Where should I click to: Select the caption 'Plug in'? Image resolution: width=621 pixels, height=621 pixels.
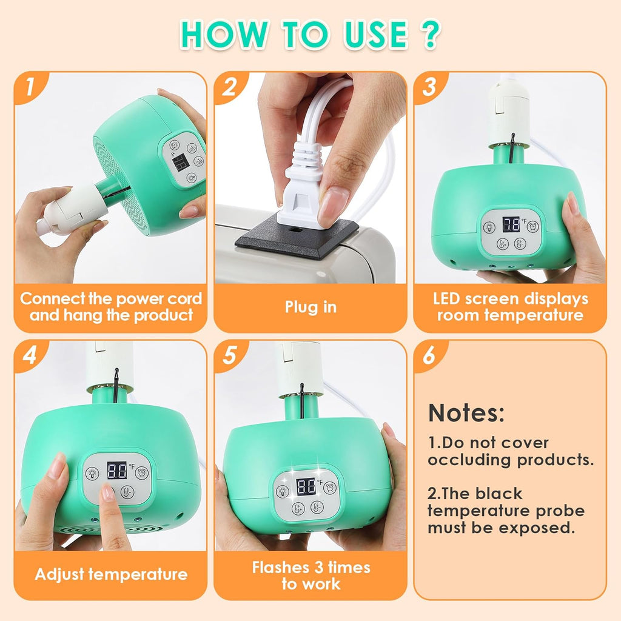click(x=310, y=307)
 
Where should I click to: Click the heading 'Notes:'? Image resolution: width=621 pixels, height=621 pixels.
click(x=466, y=413)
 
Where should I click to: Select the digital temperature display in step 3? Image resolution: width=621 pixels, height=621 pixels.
click(x=511, y=224)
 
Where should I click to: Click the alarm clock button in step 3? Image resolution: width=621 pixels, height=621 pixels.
click(x=532, y=227)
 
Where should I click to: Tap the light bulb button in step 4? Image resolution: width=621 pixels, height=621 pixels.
click(x=93, y=473)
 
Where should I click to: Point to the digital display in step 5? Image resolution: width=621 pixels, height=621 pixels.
click(x=306, y=486)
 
